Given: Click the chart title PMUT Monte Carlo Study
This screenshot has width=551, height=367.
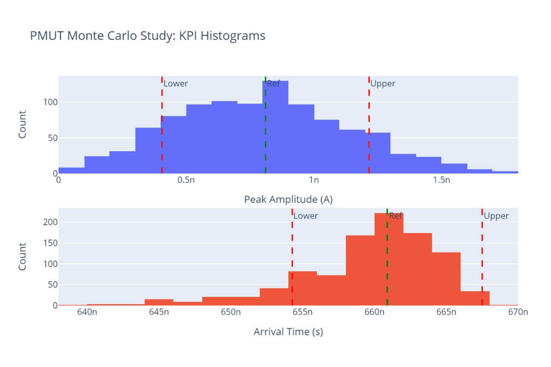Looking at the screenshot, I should point(147,36).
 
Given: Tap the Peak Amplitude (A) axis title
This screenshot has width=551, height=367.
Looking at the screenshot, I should point(288,200).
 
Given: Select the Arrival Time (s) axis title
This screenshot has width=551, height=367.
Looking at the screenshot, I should point(288,332).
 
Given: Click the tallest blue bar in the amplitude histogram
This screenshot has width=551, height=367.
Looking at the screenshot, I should point(275,128).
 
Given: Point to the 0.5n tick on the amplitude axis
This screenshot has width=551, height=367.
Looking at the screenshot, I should point(186,180).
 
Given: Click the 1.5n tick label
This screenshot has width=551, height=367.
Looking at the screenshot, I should point(441,180).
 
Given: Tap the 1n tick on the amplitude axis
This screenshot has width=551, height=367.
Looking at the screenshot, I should point(314,180).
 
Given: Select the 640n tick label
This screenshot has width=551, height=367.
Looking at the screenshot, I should point(87,312).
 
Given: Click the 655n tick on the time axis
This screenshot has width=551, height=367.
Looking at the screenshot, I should point(303,312).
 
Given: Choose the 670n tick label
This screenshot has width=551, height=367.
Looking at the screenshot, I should point(518,312).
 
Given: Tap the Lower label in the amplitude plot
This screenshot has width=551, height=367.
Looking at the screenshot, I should point(176,83).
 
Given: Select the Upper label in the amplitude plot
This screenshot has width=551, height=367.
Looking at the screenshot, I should point(382,83).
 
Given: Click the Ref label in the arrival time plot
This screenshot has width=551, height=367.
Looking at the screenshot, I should point(396,216).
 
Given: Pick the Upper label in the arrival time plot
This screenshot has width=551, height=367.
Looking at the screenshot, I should point(496,216).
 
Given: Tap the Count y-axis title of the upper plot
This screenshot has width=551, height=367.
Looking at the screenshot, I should point(22,125).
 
